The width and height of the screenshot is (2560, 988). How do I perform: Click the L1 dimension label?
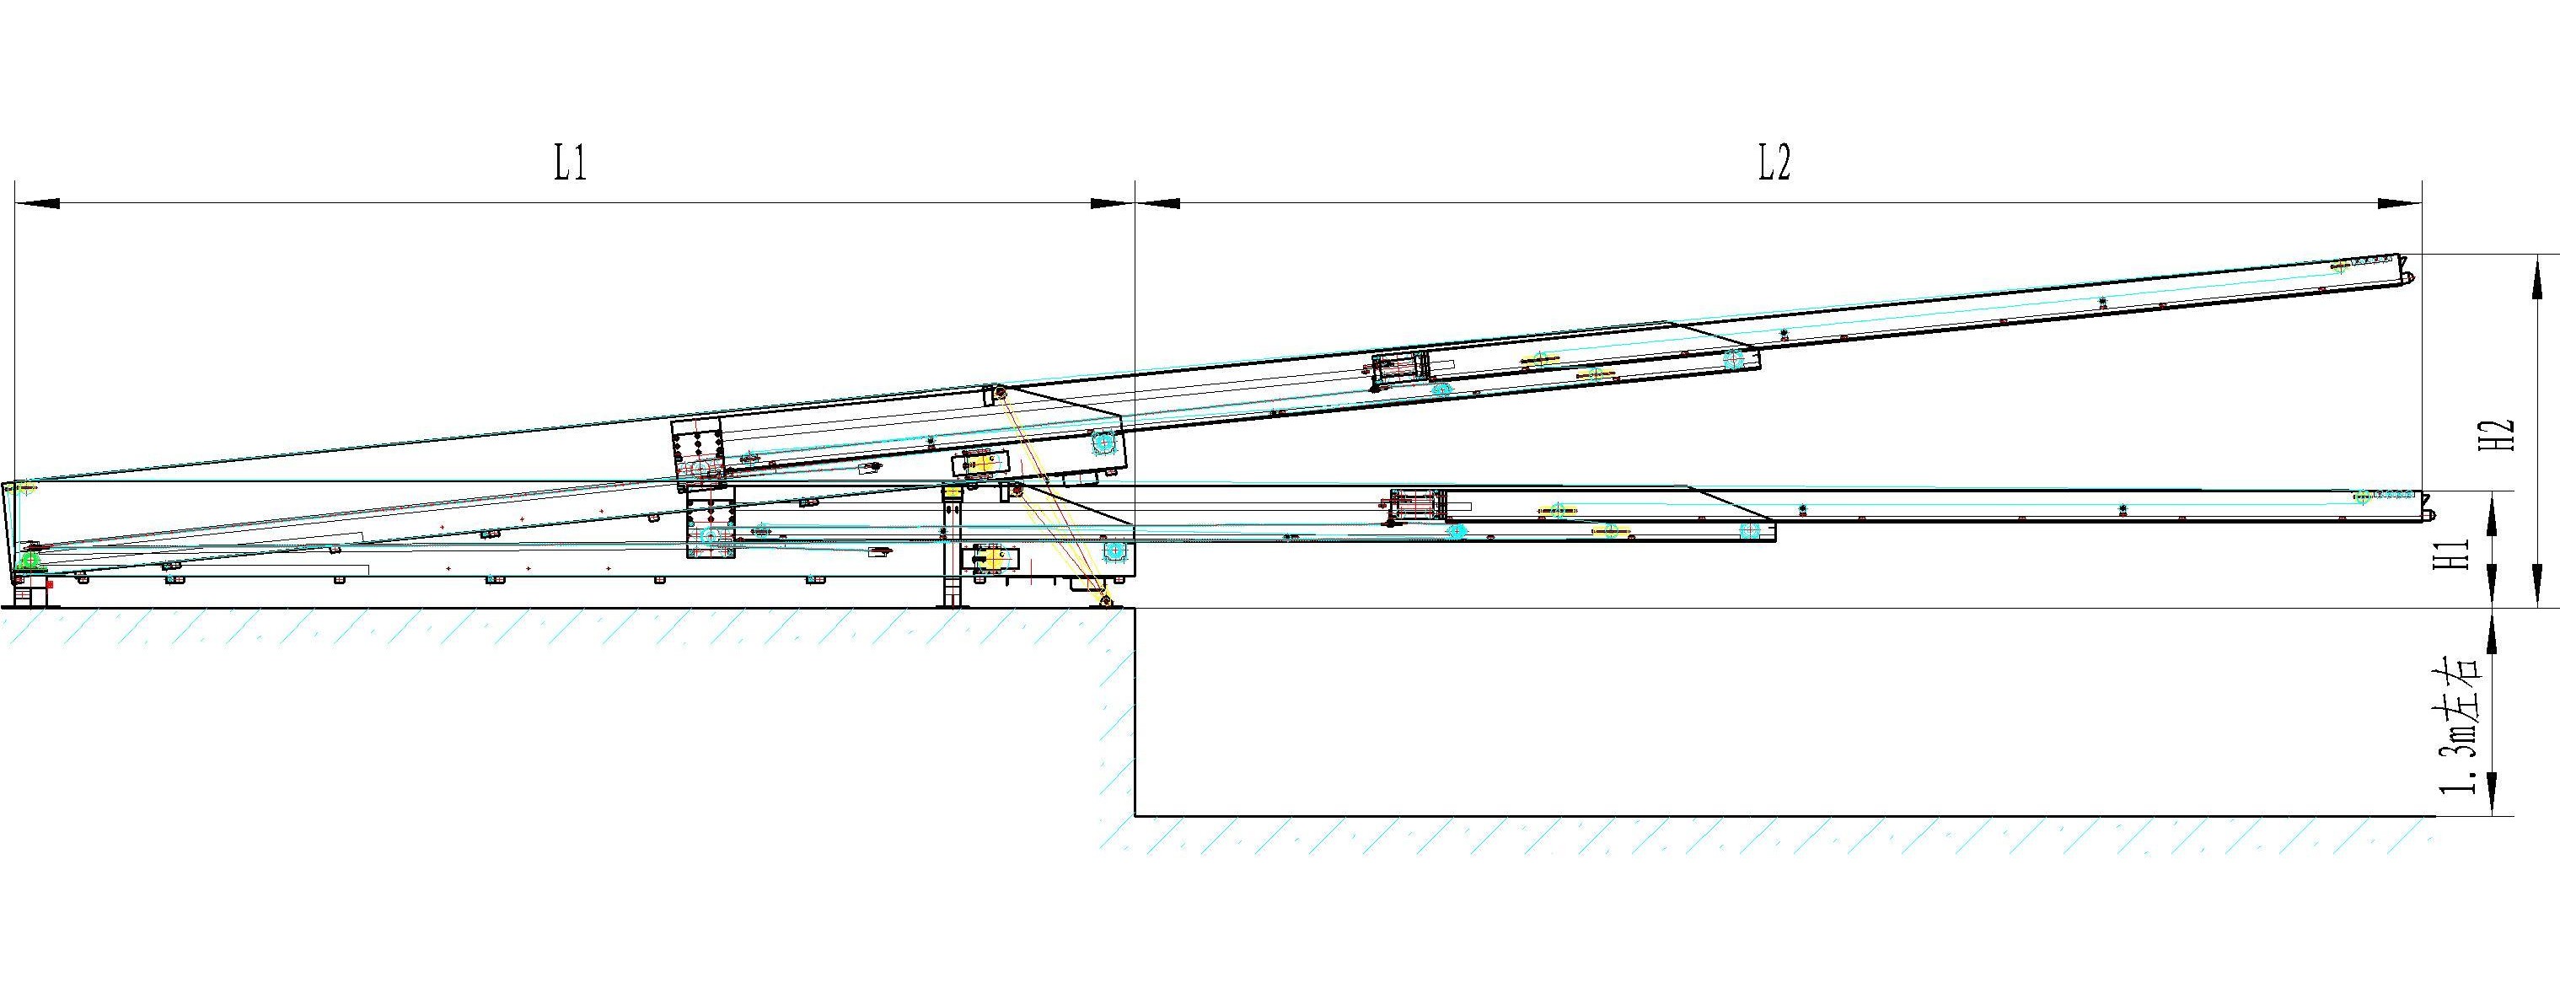(x=571, y=162)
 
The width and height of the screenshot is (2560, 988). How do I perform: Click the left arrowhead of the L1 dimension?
(x=37, y=204)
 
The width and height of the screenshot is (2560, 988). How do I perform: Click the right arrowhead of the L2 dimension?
(x=2399, y=204)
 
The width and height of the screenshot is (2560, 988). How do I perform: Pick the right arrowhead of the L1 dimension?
(x=1111, y=204)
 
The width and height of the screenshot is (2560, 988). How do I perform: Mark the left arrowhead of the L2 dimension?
(x=1157, y=204)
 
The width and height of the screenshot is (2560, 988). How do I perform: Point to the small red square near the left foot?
(x=50, y=585)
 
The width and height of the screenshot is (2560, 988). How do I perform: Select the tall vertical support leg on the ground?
(x=952, y=545)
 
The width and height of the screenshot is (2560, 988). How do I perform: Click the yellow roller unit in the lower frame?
(x=990, y=559)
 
